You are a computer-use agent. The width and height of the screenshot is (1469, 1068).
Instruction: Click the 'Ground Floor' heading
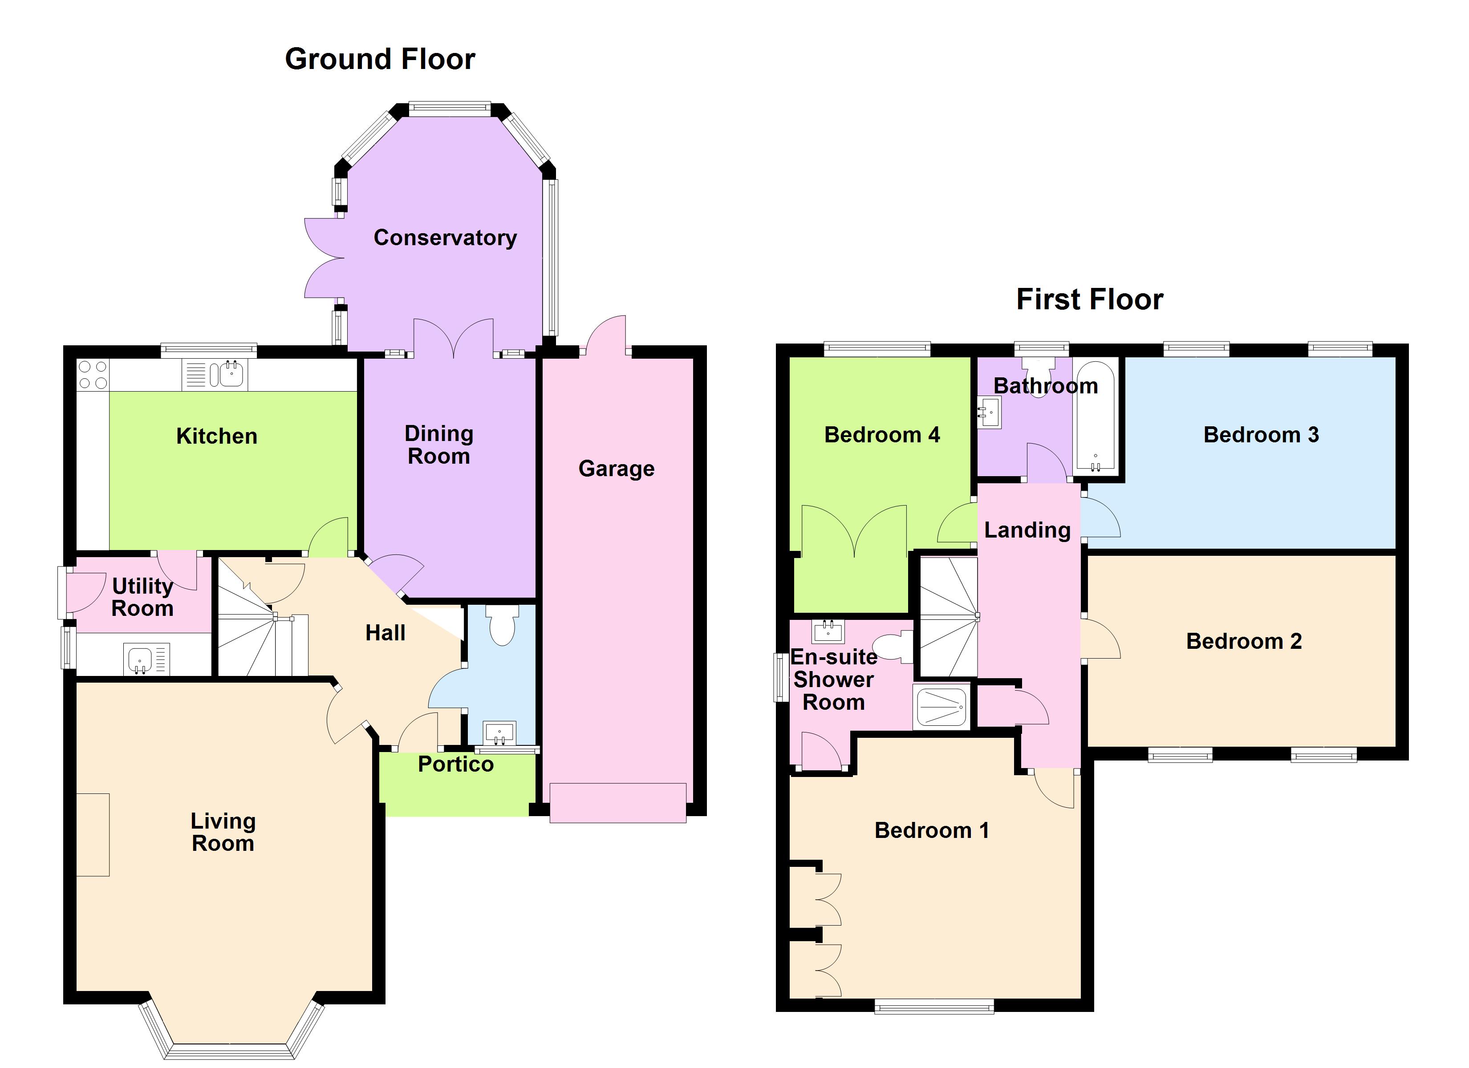point(380,59)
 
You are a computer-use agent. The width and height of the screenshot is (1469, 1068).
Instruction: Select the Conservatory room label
point(445,238)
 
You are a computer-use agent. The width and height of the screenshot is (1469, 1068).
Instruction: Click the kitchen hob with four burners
point(93,375)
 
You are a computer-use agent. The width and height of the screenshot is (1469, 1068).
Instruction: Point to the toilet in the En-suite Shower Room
point(893,647)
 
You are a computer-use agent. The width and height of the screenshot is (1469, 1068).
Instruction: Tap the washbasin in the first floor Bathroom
point(989,412)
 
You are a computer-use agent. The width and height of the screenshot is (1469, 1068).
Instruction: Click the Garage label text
point(616,468)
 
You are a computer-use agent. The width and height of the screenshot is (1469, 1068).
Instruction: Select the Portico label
point(455,764)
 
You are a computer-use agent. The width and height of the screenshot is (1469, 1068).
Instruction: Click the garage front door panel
point(618,803)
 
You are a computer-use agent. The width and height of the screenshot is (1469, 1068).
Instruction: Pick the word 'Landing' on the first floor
point(1027,530)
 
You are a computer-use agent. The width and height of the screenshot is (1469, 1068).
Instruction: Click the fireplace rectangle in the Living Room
point(93,835)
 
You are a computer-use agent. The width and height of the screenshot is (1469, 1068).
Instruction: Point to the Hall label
point(386,633)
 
